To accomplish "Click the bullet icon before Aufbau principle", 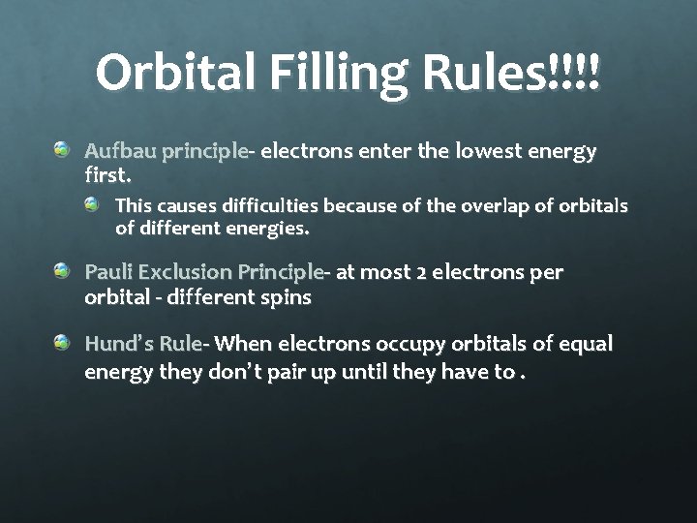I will coord(62,149).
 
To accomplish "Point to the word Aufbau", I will coord(120,152).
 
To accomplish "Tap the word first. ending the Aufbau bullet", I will coord(106,176).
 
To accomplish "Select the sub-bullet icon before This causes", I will coord(91,204).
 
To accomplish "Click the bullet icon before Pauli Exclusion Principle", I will coord(62,270).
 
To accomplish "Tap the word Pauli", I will coord(109,272).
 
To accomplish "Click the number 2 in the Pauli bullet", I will coord(422,272).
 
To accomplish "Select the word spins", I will coord(284,297).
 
